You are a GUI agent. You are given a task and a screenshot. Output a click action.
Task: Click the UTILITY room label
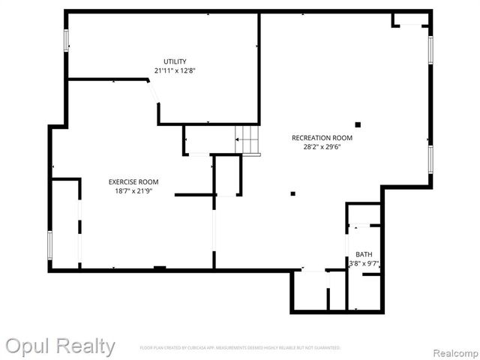[175, 61]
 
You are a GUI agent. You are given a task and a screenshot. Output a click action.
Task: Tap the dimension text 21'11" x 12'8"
[175, 70]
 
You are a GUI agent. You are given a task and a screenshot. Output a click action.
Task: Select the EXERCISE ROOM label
[133, 181]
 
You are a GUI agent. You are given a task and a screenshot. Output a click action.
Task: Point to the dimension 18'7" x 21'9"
[133, 190]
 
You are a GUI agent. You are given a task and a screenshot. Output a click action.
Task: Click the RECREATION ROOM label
[322, 138]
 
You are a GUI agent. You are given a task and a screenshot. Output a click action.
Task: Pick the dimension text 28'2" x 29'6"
[322, 147]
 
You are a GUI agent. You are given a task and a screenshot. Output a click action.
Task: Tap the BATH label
[364, 254]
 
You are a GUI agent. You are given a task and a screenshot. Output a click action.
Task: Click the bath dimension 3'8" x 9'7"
[364, 263]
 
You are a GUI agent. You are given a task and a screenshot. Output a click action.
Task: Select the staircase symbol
[247, 139]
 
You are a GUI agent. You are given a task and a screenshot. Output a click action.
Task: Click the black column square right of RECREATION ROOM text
[358, 124]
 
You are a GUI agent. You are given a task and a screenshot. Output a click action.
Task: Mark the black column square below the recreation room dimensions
[293, 193]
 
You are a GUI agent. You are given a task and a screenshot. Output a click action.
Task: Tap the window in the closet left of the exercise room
[49, 244]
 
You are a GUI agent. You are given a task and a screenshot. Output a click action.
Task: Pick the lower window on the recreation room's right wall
[430, 160]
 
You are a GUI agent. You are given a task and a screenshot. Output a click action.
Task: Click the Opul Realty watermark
[60, 346]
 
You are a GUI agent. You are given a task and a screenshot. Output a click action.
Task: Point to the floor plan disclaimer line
[240, 348]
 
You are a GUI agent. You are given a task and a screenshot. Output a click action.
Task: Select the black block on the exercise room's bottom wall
[160, 268]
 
